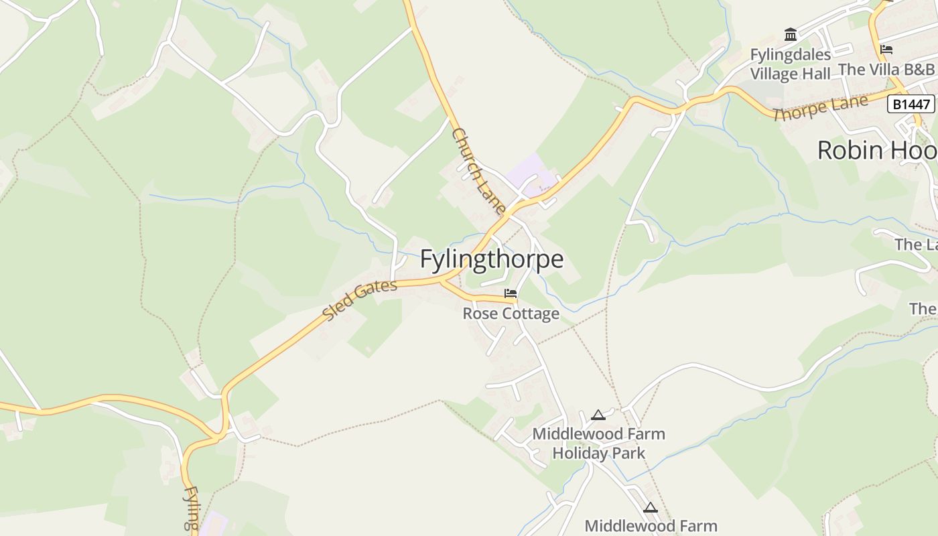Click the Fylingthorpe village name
pos(492,260)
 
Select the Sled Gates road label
pos(359,300)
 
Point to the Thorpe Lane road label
pos(820,108)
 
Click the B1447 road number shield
pos(911,104)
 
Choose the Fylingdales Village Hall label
pos(791,64)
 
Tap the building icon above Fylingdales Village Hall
pos(791,34)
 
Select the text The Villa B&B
pos(886,69)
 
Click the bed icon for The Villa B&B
pos(886,50)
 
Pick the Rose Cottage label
pos(511,314)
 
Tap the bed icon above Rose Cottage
pos(511,293)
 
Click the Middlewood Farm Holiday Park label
pos(598,444)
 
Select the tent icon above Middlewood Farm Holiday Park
pos(598,415)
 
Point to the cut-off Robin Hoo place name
pos(876,150)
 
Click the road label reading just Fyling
pos(191,509)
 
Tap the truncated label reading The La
pos(916,245)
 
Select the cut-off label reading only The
pos(923,309)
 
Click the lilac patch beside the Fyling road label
pos(212,522)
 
